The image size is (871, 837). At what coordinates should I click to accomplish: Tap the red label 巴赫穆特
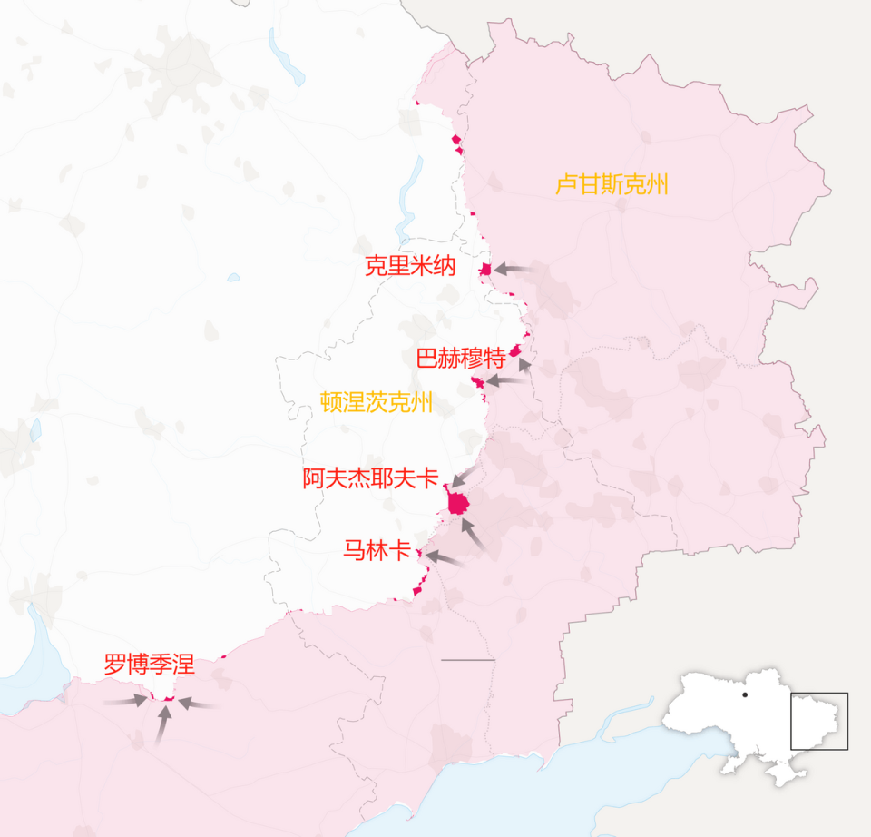click(460, 358)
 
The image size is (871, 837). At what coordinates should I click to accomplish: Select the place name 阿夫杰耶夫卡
click(370, 478)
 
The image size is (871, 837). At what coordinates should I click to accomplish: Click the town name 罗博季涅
click(149, 665)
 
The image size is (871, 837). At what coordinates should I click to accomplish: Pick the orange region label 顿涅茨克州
click(377, 402)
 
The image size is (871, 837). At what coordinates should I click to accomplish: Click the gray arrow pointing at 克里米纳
click(514, 269)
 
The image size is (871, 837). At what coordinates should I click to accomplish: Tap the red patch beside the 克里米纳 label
click(486, 269)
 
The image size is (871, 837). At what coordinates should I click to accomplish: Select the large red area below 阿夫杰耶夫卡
click(458, 503)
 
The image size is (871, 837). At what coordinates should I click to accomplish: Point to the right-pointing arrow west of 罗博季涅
click(125, 701)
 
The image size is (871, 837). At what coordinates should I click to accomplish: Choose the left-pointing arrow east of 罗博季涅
click(196, 704)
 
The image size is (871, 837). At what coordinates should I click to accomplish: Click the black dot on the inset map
click(744, 695)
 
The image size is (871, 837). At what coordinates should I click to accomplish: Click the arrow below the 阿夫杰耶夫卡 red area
click(474, 533)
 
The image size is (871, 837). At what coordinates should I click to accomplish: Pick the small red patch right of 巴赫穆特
click(514, 350)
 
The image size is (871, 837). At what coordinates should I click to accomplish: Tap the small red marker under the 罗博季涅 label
click(168, 697)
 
